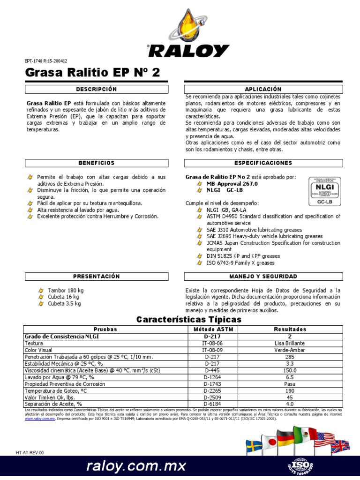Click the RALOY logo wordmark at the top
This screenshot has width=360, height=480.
tap(188, 50)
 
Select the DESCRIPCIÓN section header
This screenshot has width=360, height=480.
tap(96, 89)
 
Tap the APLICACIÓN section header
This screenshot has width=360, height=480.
tap(263, 89)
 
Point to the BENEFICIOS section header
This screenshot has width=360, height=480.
tap(96, 163)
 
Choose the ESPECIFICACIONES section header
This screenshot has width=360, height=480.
tap(263, 163)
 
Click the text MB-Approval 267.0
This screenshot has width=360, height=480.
tap(232, 184)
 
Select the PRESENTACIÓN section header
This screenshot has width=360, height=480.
tap(96, 277)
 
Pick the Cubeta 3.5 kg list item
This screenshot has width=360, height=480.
tap(64, 303)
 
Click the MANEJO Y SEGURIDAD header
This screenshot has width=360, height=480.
tap(263, 277)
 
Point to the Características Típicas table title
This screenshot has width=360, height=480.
tap(188, 320)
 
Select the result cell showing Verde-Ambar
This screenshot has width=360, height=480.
tap(290, 350)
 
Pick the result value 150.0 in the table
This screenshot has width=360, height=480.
tap(290, 370)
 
